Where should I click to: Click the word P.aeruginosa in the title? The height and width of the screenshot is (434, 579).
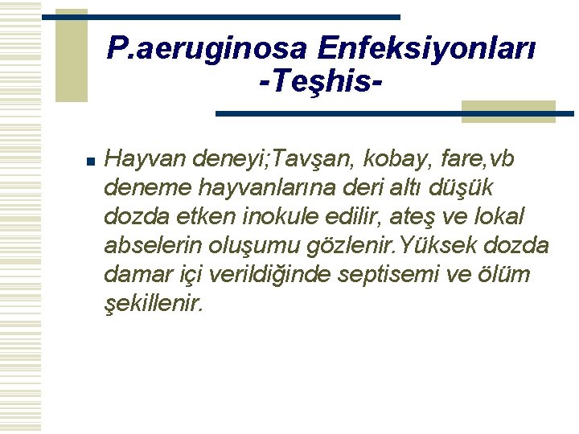pos(207,49)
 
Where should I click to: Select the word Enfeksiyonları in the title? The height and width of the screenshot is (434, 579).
pos(426,49)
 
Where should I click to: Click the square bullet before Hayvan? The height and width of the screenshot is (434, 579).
pos(91,162)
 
